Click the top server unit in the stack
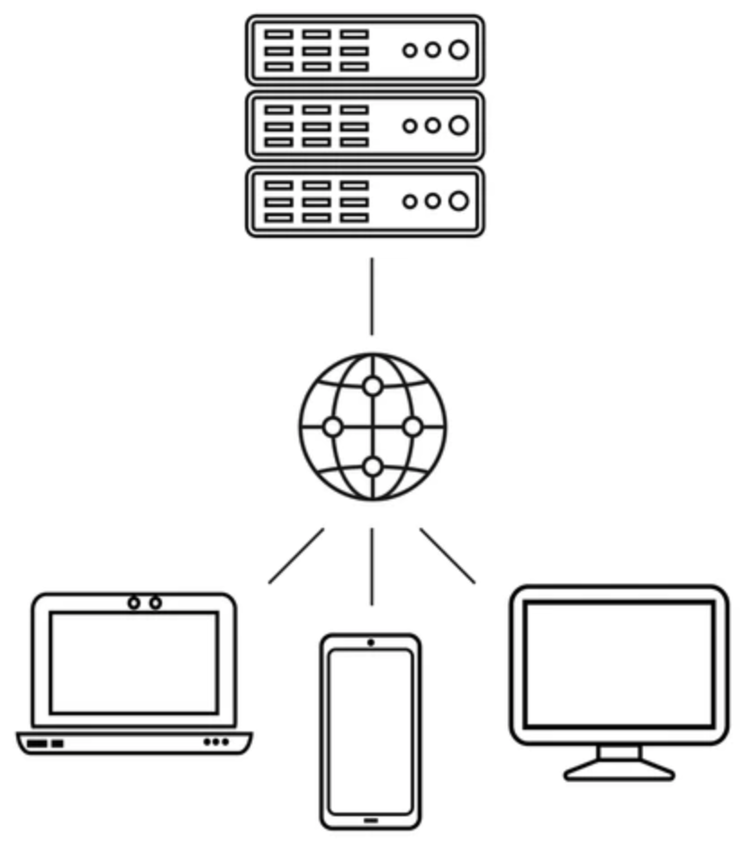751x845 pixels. tap(365, 50)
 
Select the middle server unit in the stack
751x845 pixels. tap(365, 126)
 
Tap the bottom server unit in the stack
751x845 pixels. tap(365, 202)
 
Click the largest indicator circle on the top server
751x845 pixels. tap(459, 50)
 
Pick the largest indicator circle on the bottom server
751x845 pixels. tap(459, 202)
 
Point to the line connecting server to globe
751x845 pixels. tap(371, 296)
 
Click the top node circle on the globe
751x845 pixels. tap(372, 386)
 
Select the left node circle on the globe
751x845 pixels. tap(332, 427)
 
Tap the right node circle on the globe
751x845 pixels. tap(412, 427)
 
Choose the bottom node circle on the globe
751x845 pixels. tap(372, 467)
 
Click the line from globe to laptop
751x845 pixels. tap(296, 556)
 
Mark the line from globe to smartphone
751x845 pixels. tap(371, 568)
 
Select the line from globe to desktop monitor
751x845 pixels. tap(448, 556)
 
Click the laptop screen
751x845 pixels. tap(134, 662)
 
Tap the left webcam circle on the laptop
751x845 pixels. tap(134, 602)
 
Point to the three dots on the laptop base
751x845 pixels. tap(216, 742)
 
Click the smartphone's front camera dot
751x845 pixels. tap(370, 642)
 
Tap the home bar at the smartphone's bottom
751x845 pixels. tap(370, 820)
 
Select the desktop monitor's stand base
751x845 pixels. tap(620, 771)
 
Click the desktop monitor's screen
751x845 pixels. tap(620, 664)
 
